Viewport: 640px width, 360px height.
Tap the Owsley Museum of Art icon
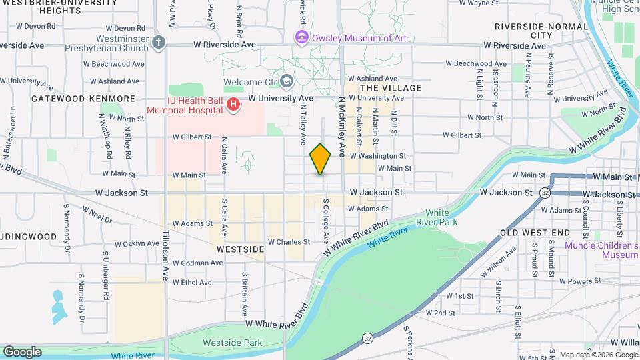(302, 38)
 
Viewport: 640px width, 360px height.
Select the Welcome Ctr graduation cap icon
(286, 82)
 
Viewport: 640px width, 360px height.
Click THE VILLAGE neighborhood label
(391, 88)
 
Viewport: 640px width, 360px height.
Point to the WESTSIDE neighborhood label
(240, 249)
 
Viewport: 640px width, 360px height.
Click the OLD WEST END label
(535, 233)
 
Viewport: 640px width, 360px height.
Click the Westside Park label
(233, 343)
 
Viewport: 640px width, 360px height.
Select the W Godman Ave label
(198, 263)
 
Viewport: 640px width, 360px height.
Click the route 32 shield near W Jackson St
(545, 193)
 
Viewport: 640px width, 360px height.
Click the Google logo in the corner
(21, 352)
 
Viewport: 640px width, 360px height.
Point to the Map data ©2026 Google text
(598, 355)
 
